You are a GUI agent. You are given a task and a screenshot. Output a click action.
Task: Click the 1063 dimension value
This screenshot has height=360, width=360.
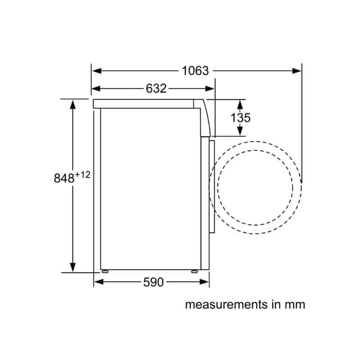(195, 71)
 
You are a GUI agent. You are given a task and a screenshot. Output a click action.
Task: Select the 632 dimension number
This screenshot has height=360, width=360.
(156, 88)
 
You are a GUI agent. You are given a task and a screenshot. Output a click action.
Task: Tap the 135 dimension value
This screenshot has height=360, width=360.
(240, 118)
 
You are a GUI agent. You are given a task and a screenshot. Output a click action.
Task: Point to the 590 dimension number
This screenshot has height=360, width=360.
(153, 282)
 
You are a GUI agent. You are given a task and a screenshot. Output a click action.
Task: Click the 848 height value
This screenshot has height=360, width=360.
(64, 178)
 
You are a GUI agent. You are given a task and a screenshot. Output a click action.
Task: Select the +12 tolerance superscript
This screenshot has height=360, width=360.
(83, 175)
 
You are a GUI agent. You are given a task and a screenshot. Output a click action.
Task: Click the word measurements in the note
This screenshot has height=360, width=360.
(226, 305)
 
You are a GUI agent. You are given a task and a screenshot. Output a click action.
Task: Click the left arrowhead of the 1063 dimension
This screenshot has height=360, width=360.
(96, 71)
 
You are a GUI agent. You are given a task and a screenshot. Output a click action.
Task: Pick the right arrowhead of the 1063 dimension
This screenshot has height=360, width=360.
(297, 71)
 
